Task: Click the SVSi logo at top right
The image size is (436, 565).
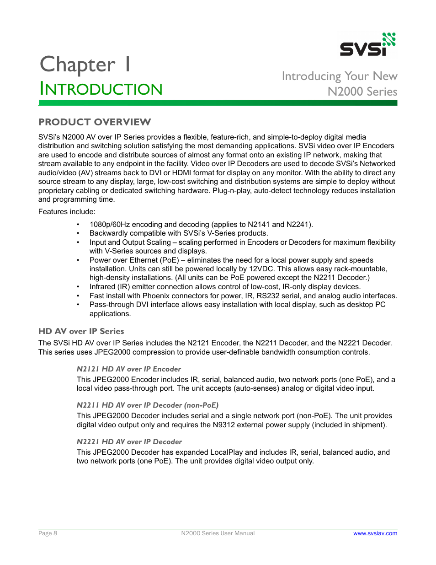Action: coord(367,45)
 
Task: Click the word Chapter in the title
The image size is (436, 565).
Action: coord(78,65)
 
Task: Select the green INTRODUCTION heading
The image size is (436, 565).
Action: coord(101,89)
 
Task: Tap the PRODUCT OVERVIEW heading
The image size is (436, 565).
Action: coord(95,122)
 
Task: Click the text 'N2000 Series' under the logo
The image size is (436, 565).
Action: coord(362,91)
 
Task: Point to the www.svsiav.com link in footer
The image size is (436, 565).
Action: coord(375,533)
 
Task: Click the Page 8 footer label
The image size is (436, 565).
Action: coord(48,533)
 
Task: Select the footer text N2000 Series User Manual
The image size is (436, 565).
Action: coord(218,533)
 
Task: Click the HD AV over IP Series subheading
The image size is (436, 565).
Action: coord(81,331)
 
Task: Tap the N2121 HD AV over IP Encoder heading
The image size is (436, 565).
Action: coord(128,369)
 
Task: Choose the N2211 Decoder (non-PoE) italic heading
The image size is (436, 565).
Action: coord(147,405)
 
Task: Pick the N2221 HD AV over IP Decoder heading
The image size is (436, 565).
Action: coord(129,442)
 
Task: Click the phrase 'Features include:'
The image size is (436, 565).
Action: coord(67,212)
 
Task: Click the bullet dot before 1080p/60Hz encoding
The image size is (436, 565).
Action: coord(78,225)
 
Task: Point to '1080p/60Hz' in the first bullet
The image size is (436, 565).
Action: coord(109,225)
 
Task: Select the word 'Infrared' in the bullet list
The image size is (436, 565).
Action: coord(102,287)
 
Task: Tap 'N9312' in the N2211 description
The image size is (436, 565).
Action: coord(224,425)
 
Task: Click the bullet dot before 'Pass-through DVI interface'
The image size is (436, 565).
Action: coord(78,305)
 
